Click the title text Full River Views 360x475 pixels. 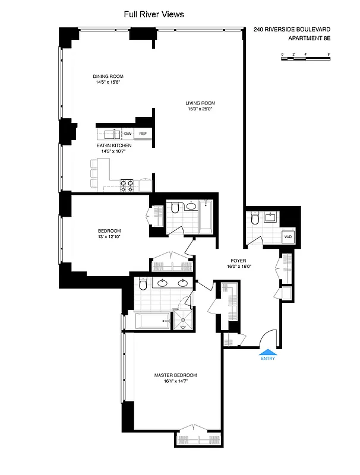tap(153, 15)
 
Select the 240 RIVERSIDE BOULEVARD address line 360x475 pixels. tap(292, 29)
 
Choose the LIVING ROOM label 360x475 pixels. tap(199, 103)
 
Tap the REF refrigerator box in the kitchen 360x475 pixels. tap(143, 134)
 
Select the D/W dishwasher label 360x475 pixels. tap(128, 134)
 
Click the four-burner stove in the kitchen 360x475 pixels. tap(127, 186)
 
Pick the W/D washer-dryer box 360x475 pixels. tap(288, 237)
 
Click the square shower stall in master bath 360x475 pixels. tap(182, 321)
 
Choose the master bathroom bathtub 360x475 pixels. tap(152, 322)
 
